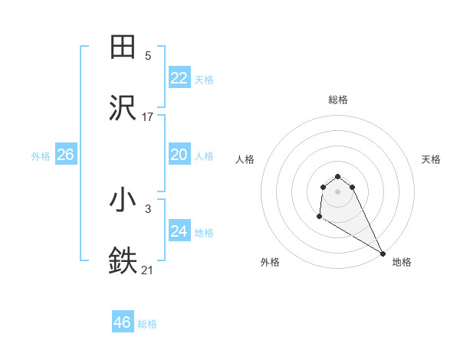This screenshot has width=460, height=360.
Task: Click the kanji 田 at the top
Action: (123, 47)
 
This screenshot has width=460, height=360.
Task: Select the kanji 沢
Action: (123, 108)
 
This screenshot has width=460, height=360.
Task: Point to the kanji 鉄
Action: (123, 261)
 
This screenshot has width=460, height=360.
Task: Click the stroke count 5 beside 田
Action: (148, 56)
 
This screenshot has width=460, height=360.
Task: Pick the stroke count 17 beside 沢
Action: (148, 117)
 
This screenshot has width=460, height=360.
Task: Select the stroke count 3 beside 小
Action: (148, 208)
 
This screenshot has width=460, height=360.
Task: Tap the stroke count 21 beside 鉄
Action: (148, 270)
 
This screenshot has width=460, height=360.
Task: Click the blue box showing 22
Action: (179, 78)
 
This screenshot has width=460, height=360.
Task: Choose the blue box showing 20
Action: (179, 155)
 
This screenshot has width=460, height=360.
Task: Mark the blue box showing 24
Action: (179, 231)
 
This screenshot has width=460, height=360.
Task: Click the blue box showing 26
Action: (65, 155)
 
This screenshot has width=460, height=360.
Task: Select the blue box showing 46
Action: (122, 322)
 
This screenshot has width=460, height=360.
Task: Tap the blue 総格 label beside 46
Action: (147, 324)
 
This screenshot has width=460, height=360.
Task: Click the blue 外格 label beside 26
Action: (41, 156)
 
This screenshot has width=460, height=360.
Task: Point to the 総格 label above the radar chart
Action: (337, 100)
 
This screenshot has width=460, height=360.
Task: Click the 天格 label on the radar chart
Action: (431, 159)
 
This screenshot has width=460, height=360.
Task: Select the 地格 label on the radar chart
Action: (402, 262)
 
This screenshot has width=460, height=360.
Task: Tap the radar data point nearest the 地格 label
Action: (383, 254)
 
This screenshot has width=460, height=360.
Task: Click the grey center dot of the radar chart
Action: (337, 191)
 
